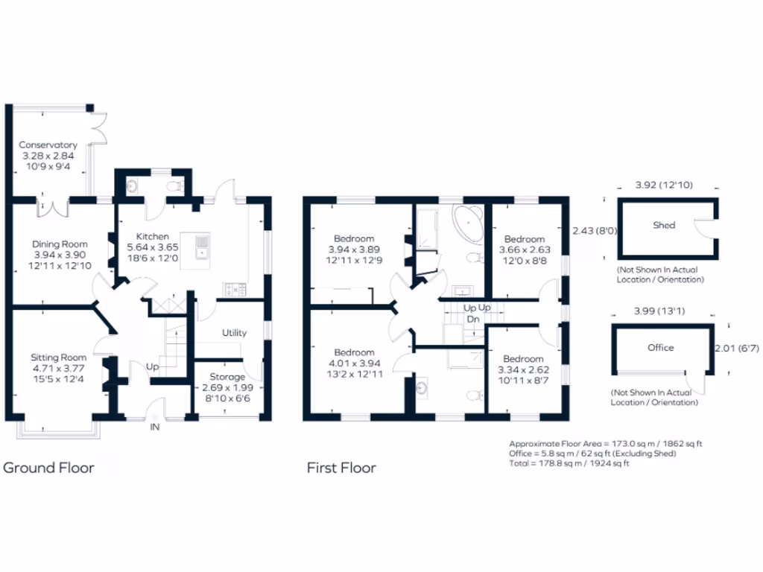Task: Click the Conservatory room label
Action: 48,144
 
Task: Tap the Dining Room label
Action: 60,244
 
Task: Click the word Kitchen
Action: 151,236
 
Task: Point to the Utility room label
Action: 234,333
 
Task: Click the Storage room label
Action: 227,377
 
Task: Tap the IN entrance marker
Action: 155,428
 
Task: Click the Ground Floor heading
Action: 49,468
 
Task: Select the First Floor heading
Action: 341,468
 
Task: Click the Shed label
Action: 664,225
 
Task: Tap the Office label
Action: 660,348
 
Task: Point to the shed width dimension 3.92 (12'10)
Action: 662,184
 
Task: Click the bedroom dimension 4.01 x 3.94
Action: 354,363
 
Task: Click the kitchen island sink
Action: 202,247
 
